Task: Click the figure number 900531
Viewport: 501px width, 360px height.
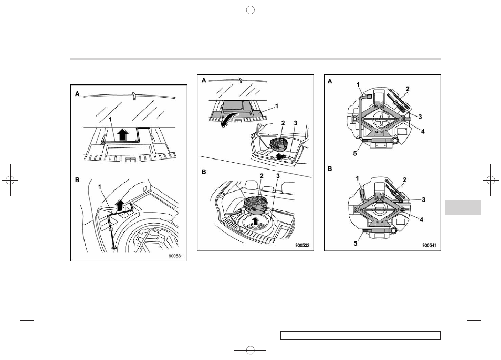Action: tap(178, 256)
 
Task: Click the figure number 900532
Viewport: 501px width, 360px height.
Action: tap(302, 246)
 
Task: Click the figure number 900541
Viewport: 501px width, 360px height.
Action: tap(429, 246)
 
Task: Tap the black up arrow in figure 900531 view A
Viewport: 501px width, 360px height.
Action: tap(123, 134)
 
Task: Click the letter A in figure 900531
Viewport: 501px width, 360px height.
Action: tap(77, 94)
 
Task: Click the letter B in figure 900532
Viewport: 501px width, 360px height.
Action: tap(204, 172)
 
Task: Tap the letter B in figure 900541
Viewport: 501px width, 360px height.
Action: tap(330, 169)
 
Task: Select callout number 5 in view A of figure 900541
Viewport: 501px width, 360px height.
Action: tap(355, 154)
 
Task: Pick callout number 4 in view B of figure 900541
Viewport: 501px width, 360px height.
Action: tap(422, 219)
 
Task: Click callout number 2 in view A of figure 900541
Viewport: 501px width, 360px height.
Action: tap(408, 89)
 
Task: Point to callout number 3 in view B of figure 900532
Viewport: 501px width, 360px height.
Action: tap(278, 176)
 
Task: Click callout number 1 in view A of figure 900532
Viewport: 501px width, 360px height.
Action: tap(277, 105)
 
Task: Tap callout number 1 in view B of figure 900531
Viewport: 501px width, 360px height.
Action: tap(100, 186)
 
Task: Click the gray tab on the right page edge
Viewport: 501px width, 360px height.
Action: tap(462, 207)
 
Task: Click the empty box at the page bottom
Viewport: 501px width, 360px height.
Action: tap(360, 335)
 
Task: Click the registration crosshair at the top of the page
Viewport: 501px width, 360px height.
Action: tap(250, 10)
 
